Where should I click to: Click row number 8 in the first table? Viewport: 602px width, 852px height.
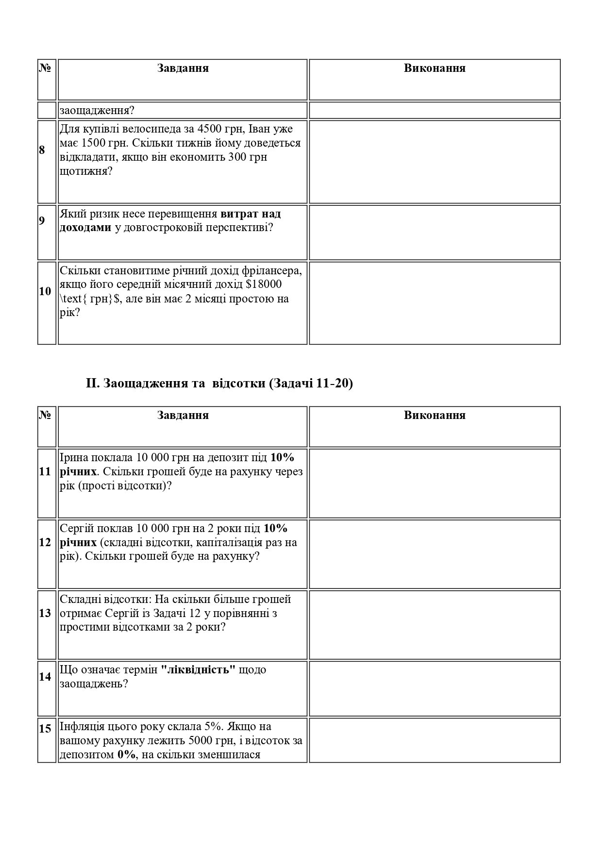tap(42, 150)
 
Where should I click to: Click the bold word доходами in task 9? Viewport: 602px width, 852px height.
tap(85, 228)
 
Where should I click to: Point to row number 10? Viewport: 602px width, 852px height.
tap(45, 291)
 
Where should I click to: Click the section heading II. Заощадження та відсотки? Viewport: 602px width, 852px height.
tap(219, 384)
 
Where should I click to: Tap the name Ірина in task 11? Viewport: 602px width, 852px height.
tap(73, 457)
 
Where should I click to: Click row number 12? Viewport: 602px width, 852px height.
tap(45, 542)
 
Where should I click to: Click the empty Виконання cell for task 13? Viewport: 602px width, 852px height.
tap(435, 625)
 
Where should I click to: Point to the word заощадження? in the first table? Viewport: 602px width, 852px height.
tap(97, 111)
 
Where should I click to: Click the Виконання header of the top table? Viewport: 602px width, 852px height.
tap(435, 68)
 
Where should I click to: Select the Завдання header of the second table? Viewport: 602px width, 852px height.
tap(183, 416)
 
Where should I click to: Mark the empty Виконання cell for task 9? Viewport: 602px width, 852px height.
tap(435, 232)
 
